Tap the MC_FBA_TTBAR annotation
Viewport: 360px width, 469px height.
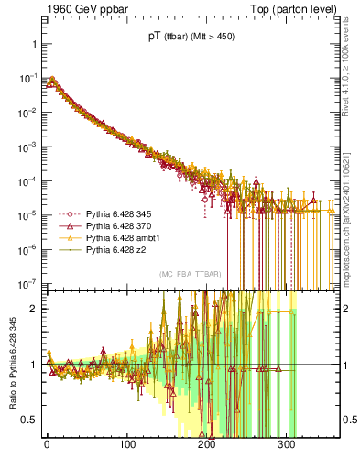[188, 275]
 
